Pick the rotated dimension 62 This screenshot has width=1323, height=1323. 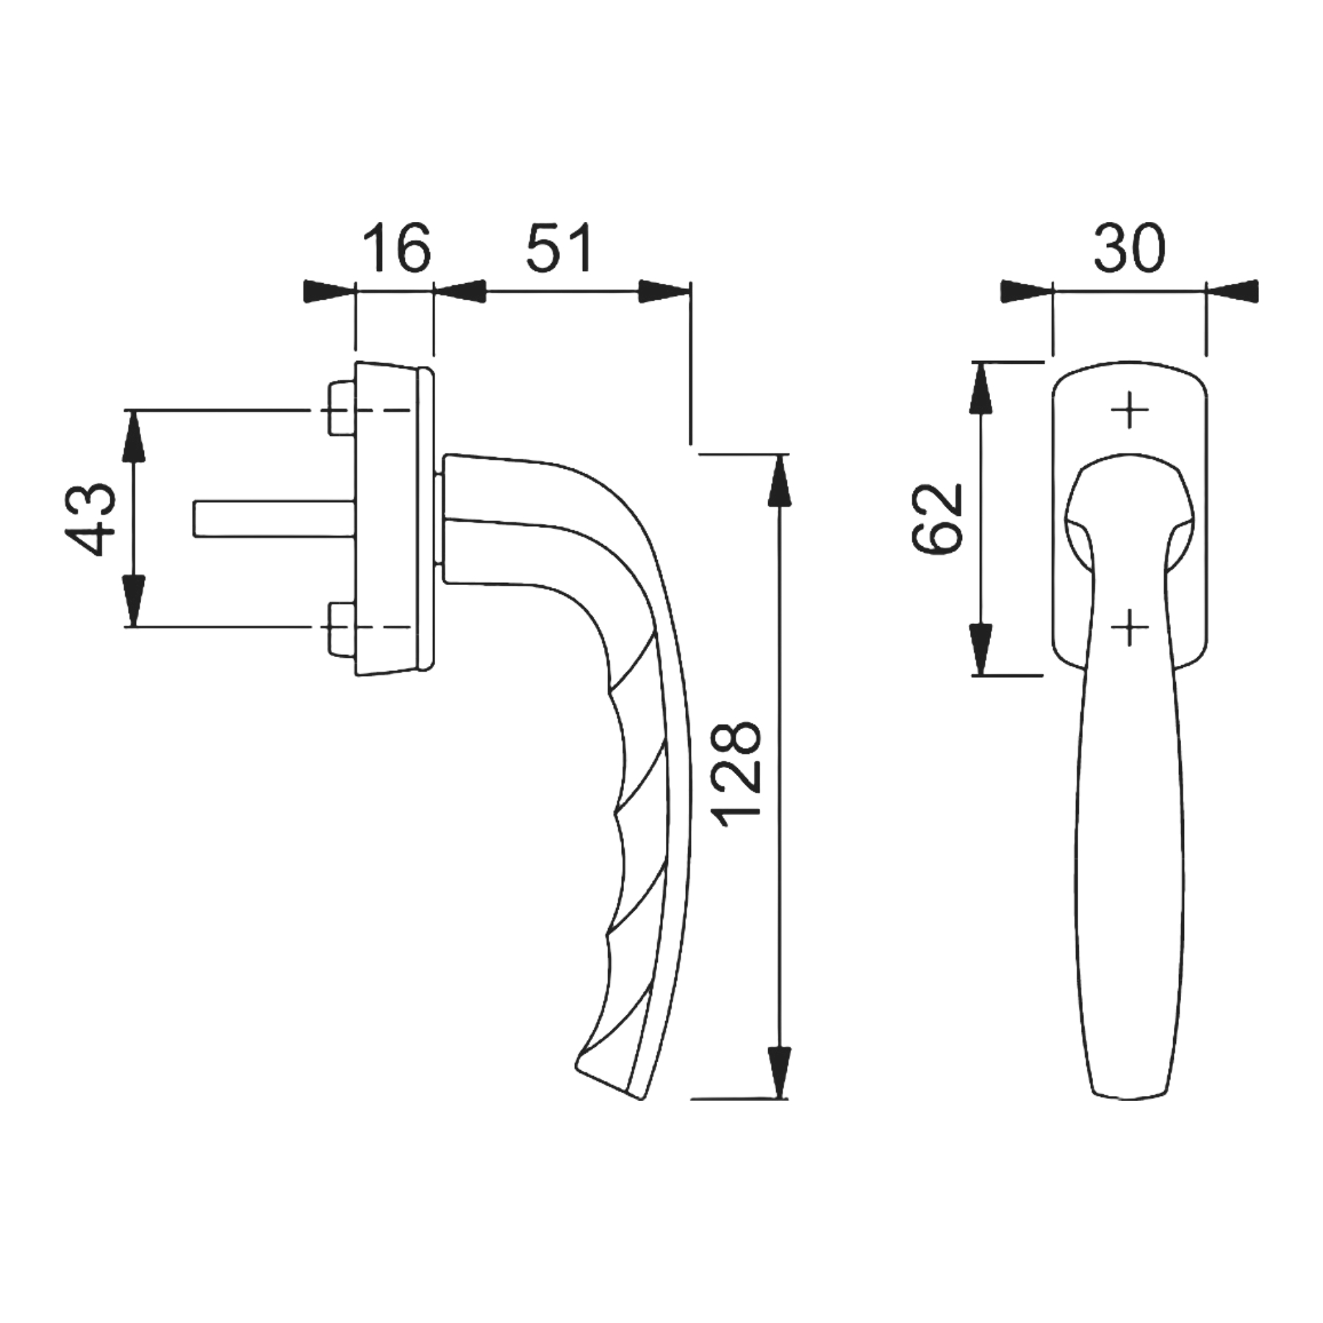pyautogui.click(x=937, y=518)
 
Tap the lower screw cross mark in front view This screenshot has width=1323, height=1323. pyautogui.click(x=1130, y=627)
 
